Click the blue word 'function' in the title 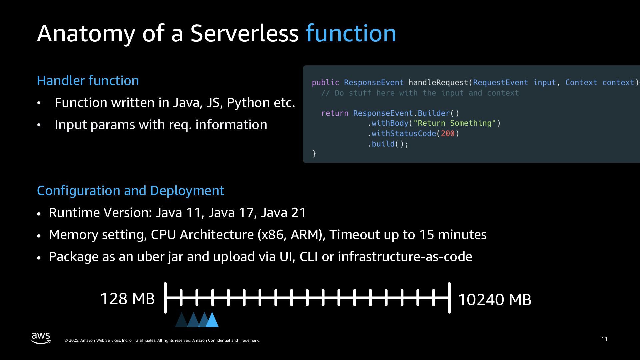[351, 33]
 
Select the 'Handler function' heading [88, 81]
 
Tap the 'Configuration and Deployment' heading [130, 191]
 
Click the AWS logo [41, 338]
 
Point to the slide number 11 [604, 339]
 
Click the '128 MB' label [127, 299]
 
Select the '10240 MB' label [495, 299]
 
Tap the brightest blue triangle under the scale [212, 320]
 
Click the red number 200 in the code [448, 134]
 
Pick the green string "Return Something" [455, 123]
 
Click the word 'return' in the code [335, 113]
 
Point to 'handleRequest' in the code [438, 83]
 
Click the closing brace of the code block [314, 154]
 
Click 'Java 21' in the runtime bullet [283, 213]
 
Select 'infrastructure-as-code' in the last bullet [405, 257]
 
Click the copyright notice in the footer [162, 340]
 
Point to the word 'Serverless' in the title [244, 33]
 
